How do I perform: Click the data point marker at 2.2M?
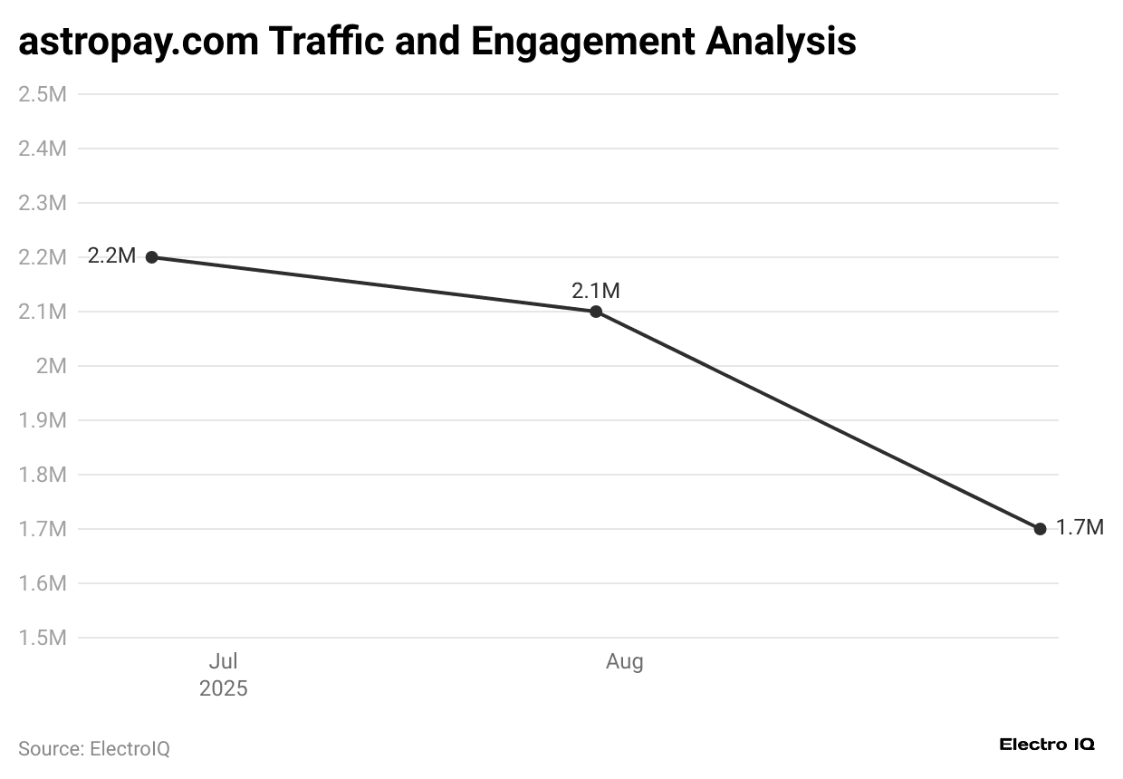point(152,257)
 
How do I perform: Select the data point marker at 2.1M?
point(596,312)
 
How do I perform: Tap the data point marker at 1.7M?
point(1040,529)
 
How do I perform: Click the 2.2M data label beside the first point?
point(111,256)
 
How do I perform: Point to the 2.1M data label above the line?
point(596,291)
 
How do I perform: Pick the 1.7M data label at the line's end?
point(1080,528)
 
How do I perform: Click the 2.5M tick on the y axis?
point(43,94)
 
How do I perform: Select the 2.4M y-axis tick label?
point(43,149)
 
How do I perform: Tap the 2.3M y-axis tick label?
point(43,203)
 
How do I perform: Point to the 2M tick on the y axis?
point(51,366)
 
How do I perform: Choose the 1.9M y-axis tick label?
point(43,420)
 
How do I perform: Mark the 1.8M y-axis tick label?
point(43,475)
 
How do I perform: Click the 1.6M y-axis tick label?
point(43,583)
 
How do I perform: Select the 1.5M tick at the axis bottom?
point(43,638)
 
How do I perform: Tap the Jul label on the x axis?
point(223,661)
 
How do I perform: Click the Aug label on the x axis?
point(624,661)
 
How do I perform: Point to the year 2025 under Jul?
point(223,688)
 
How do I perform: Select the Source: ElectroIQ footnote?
point(94,749)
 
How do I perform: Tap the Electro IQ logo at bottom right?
point(1047,745)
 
